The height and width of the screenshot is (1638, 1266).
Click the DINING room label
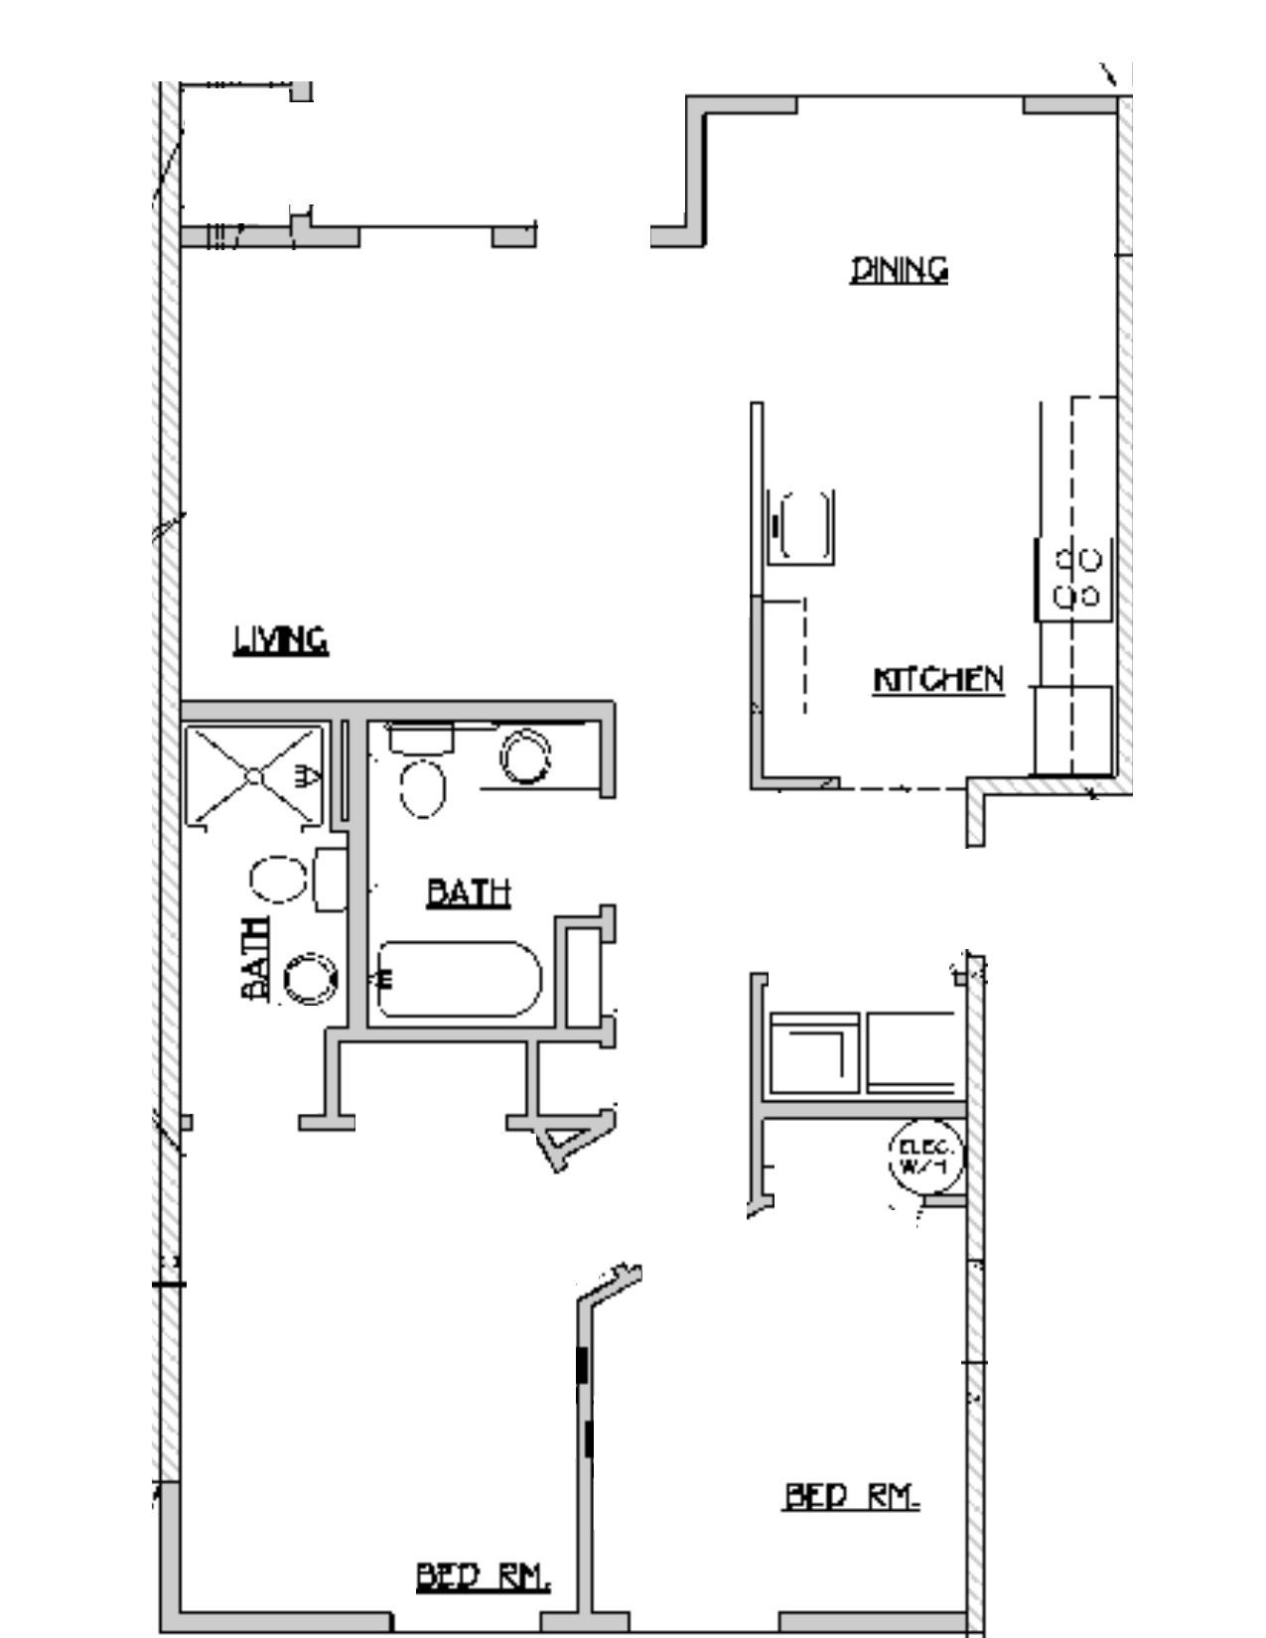[x=899, y=270]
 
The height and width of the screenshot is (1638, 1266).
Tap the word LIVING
[x=281, y=640]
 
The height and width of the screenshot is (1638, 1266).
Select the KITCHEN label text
[x=937, y=680]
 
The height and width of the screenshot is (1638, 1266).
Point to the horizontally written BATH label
[x=469, y=892]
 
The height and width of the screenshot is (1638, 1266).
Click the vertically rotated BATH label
[x=256, y=959]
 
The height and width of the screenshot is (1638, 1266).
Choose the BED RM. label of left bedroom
[x=482, y=1576]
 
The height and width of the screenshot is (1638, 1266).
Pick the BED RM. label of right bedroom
[x=852, y=1496]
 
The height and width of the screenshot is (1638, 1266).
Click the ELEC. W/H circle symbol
[x=925, y=1156]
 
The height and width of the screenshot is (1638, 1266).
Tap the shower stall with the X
[x=255, y=775]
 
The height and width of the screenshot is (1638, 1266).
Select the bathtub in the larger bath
[x=459, y=979]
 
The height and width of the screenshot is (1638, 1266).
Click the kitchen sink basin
[x=804, y=526]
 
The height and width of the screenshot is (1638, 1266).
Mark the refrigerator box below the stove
[x=1072, y=730]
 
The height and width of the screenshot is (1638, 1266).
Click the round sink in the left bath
[x=312, y=978]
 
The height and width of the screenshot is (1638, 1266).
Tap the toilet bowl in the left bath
[x=278, y=880]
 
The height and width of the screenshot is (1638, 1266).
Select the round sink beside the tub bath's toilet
[x=524, y=757]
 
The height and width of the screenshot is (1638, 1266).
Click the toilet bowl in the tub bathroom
[x=423, y=789]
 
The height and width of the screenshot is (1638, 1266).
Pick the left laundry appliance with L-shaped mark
[x=814, y=1052]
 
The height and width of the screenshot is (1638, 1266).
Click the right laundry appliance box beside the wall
[x=911, y=1052]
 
